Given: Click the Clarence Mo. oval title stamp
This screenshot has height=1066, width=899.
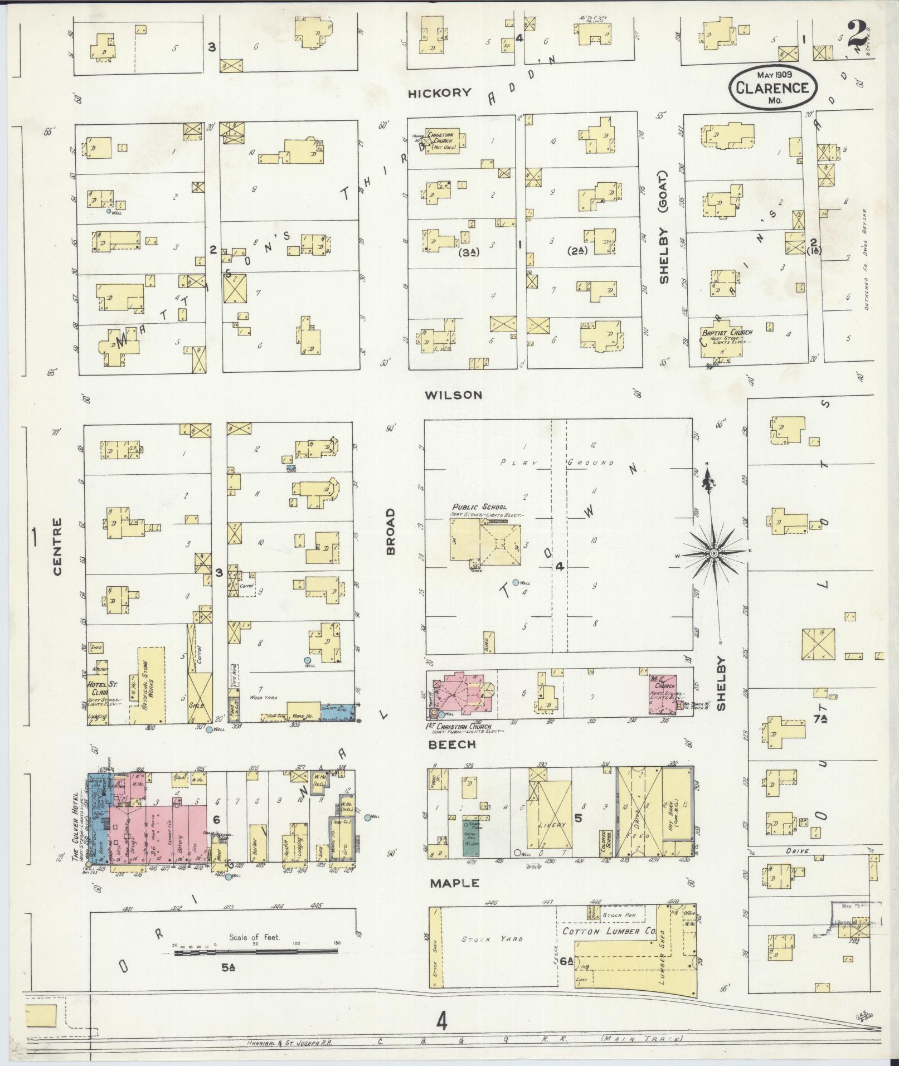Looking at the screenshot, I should [771, 87].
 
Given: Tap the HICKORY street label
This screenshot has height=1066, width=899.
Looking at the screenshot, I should [440, 93].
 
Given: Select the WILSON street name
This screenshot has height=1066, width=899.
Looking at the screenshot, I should [453, 395].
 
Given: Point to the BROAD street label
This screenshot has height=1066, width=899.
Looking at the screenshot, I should [390, 530].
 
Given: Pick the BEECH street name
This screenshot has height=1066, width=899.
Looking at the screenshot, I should [451, 744].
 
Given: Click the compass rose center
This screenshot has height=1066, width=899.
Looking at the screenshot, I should [713, 553].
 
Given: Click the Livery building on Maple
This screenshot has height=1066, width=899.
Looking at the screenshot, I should [552, 824].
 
